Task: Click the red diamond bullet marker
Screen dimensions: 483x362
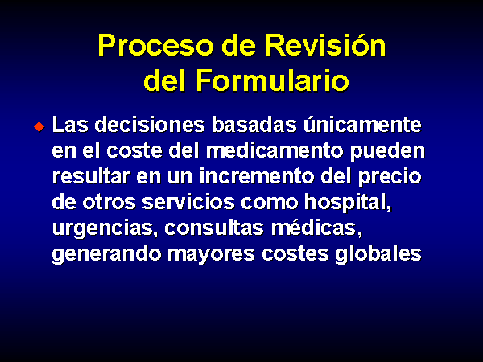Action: click(39, 126)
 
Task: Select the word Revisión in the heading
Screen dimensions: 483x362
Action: click(325, 45)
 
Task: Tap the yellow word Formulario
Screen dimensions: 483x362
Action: click(273, 80)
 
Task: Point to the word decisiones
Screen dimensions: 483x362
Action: click(150, 125)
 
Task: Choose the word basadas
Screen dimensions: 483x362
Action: click(254, 125)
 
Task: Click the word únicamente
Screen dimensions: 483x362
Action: click(362, 124)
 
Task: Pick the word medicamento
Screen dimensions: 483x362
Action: click(275, 151)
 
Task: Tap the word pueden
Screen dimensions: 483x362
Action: click(387, 152)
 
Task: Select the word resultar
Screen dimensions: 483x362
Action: click(91, 176)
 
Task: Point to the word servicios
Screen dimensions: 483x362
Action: click(188, 202)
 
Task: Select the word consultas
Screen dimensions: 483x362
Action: click(214, 228)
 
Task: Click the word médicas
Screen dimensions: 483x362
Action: click(314, 228)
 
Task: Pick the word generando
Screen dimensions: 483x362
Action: click(106, 255)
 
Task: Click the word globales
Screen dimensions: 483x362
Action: click(378, 255)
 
